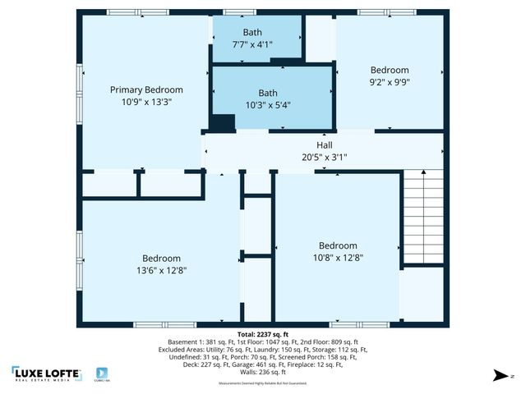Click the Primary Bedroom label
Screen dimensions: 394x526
pos(146,89)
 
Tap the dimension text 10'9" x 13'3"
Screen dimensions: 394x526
pos(146,102)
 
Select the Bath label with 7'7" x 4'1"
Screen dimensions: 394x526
pos(251,32)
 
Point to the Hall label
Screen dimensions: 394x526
pos(325,145)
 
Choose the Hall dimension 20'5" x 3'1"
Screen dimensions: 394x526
pos(325,157)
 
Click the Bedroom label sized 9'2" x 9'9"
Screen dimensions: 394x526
pos(389,71)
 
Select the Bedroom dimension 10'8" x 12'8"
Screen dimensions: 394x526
pos(338,258)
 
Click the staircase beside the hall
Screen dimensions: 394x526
pos(422,217)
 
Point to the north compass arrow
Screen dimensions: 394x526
pos(499,375)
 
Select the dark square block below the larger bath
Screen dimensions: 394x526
pos(222,122)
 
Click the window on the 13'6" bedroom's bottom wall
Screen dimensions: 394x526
pos(159,325)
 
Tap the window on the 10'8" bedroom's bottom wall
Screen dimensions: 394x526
pos(348,325)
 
